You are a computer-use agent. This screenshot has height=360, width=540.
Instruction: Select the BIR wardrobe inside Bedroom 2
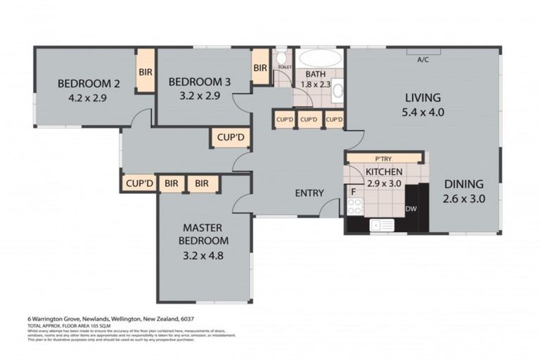click(x=146, y=72)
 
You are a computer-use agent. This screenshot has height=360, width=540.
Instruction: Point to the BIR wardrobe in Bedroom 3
click(x=260, y=68)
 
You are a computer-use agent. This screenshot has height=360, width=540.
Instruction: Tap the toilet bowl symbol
click(x=281, y=58)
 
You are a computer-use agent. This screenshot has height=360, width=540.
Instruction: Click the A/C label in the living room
click(x=423, y=60)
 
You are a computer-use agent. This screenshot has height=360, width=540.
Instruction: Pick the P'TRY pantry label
click(x=383, y=159)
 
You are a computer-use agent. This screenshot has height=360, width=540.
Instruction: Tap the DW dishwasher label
click(x=412, y=208)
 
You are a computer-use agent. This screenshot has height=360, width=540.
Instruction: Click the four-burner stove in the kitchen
click(x=355, y=207)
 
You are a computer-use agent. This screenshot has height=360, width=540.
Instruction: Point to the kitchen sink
click(x=382, y=225)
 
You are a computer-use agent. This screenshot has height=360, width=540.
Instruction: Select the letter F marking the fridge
click(x=353, y=191)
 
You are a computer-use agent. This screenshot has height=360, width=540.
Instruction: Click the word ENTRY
click(x=309, y=193)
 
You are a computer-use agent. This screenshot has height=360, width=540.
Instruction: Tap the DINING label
click(x=465, y=184)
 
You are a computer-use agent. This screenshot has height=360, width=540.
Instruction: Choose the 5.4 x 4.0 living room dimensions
click(x=422, y=112)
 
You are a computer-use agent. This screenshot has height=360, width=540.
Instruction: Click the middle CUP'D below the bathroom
click(x=309, y=120)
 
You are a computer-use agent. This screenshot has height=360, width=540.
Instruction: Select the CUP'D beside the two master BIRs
click(x=139, y=184)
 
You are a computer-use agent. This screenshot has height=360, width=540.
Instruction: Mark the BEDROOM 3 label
click(x=200, y=82)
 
